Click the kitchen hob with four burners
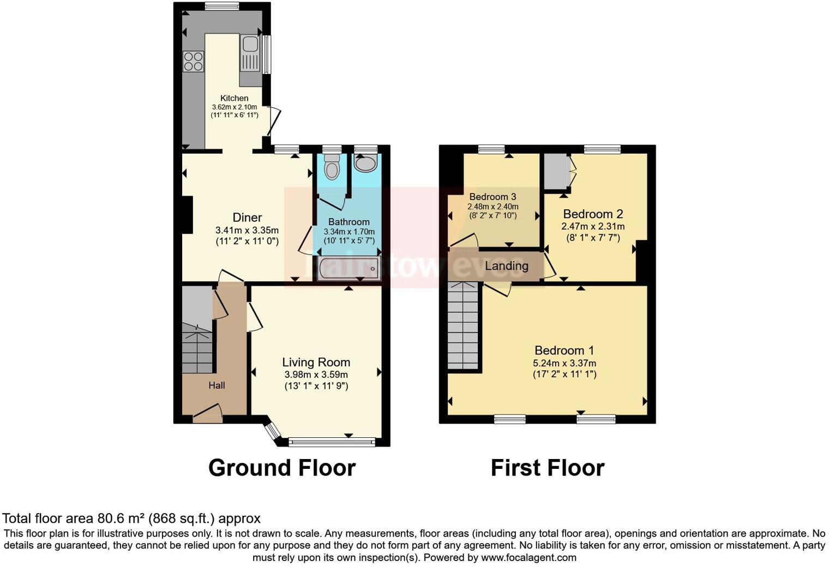click(194, 61)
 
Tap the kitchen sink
click(250, 53)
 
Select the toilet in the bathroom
click(331, 166)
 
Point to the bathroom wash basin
click(365, 162)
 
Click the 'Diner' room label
click(247, 218)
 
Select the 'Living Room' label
click(316, 363)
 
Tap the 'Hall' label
click(217, 385)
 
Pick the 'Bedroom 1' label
click(564, 351)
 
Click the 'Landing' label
click(507, 266)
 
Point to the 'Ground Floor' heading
click(282, 468)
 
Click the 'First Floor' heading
click(548, 468)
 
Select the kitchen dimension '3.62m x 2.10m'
click(235, 107)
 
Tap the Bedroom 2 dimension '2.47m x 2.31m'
click(593, 226)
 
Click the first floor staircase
click(463, 325)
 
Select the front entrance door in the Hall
click(207, 413)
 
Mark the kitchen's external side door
click(274, 121)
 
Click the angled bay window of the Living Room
click(271, 430)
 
